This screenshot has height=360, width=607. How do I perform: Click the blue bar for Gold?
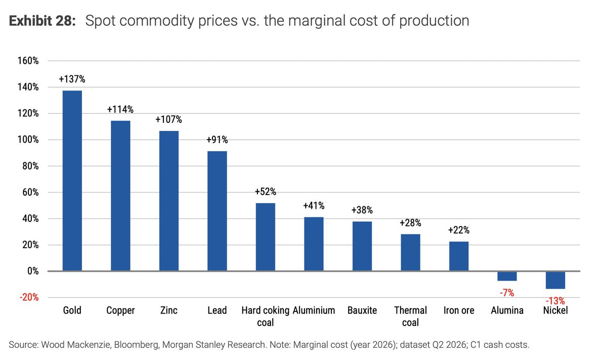pyautogui.click(x=72, y=181)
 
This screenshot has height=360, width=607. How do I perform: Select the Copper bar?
pyautogui.click(x=120, y=196)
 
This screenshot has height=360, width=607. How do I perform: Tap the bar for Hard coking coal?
pyautogui.click(x=266, y=237)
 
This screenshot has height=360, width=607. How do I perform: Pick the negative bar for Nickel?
pyautogui.click(x=555, y=280)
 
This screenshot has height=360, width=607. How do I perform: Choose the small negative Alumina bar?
pyautogui.click(x=507, y=276)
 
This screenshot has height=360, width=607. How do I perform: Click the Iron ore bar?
pyautogui.click(x=459, y=256)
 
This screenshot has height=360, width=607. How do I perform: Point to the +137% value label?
pyautogui.click(x=72, y=79)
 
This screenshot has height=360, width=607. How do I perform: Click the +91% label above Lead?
pyautogui.click(x=217, y=140)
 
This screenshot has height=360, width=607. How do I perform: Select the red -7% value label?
pyautogui.click(x=507, y=293)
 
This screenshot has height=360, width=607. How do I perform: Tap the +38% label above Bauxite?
pyautogui.click(x=362, y=210)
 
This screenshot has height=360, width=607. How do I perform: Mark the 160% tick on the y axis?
pyautogui.click(x=28, y=61)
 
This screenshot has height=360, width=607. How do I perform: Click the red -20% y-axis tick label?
pyautogui.click(x=29, y=297)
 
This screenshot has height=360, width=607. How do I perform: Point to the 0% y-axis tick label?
pyautogui.click(x=33, y=271)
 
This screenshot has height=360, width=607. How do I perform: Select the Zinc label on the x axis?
pyautogui.click(x=169, y=310)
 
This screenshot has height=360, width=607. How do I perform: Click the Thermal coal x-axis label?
pyautogui.click(x=410, y=317)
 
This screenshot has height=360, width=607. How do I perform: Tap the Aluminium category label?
pyautogui.click(x=314, y=310)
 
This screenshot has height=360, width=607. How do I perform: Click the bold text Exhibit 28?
pyautogui.click(x=42, y=21)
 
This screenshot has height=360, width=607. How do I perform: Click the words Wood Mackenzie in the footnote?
pyautogui.click(x=76, y=345)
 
